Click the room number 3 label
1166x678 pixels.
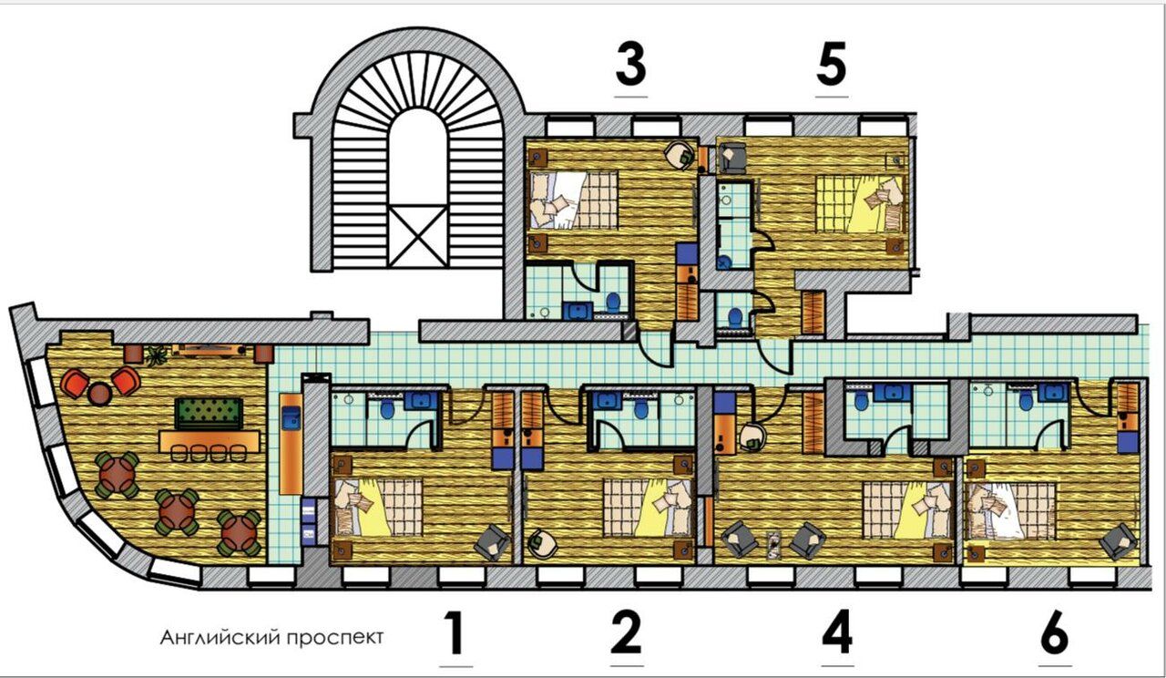[x=631, y=65]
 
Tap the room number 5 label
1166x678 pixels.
[x=832, y=65]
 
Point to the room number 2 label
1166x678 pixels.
[x=626, y=633]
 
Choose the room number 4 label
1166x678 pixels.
[x=837, y=633]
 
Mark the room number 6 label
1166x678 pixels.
[x=1055, y=633]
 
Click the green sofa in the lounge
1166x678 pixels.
[x=209, y=414]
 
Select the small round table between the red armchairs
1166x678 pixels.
[x=99, y=394]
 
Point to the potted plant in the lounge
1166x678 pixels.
[x=157, y=356]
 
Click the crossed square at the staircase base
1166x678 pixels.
[x=418, y=236]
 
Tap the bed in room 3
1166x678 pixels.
[x=574, y=201]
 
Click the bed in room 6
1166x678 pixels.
[x=1010, y=511]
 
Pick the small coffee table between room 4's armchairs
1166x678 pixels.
[x=774, y=545]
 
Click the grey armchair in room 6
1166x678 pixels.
[x=1118, y=541]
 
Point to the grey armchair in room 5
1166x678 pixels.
[x=731, y=159]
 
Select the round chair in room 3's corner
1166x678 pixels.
[x=681, y=155]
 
